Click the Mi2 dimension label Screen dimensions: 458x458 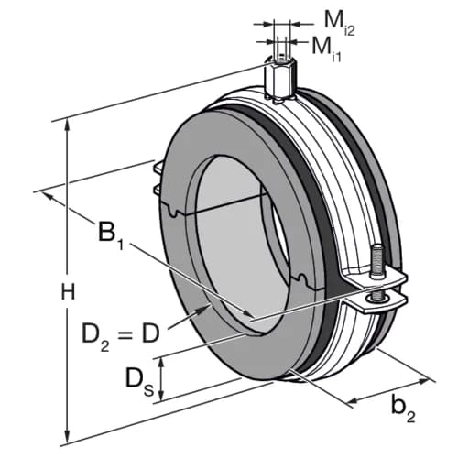click(x=339, y=24)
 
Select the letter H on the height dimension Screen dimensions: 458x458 click(x=68, y=291)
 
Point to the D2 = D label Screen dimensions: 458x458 click(x=121, y=335)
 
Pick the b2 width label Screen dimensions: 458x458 click(x=403, y=409)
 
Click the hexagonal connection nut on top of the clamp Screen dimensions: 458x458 click(x=279, y=78)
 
